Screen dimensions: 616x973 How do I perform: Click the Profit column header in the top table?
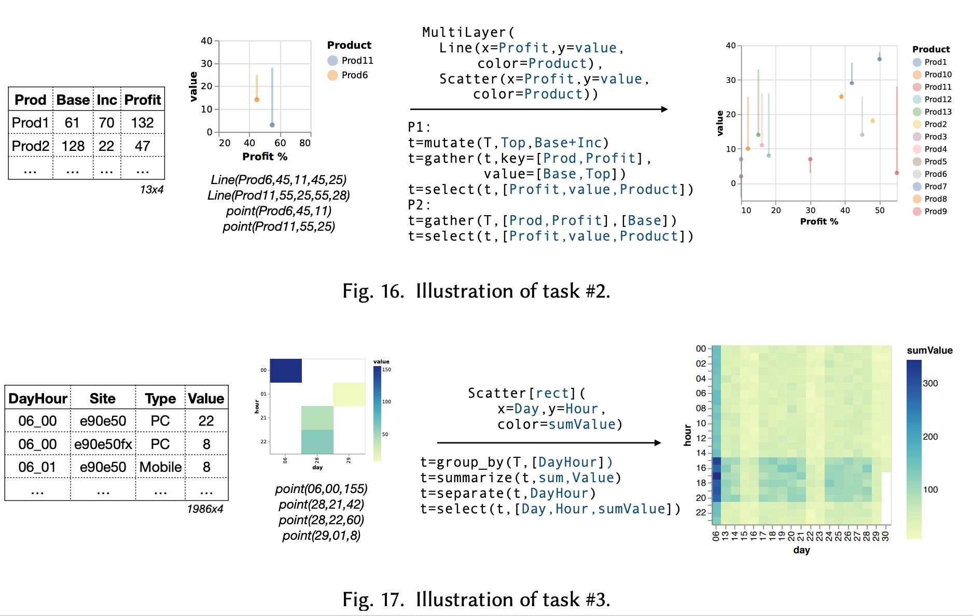click(143, 100)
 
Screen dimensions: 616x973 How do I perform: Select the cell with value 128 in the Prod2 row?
click(73, 146)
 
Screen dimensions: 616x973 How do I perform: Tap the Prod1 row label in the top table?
click(30, 123)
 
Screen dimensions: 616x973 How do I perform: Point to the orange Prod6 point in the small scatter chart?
click(257, 100)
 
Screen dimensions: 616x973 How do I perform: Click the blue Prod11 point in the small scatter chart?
click(272, 125)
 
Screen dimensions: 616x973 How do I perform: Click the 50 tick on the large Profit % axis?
click(880, 211)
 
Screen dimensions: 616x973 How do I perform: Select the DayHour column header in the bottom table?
click(38, 399)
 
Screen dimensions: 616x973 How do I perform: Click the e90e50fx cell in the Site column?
click(103, 444)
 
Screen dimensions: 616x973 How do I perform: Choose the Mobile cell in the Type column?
click(160, 467)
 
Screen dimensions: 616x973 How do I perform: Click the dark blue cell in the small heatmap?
click(286, 370)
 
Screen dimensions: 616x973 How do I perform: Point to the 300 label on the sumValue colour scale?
click(930, 384)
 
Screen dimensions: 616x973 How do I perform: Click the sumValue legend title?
click(929, 351)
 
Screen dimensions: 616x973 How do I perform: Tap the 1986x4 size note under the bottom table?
click(205, 509)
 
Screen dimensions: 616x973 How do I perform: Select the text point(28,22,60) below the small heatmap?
click(321, 520)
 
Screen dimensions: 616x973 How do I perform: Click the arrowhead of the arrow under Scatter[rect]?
click(658, 443)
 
